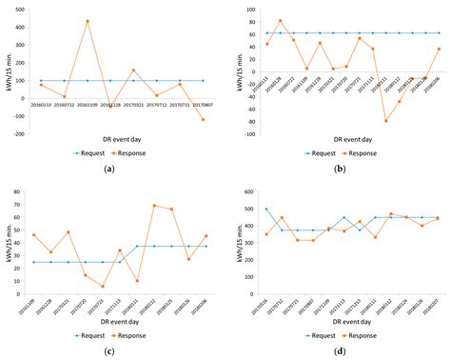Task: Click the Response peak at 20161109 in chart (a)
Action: [88, 21]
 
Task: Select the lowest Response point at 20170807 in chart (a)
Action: [203, 119]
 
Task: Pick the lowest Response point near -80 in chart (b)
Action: [385, 121]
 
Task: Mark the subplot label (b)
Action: [340, 168]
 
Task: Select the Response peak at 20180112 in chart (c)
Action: [154, 206]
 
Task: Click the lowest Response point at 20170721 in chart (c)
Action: [101, 287]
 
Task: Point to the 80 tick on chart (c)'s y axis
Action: [23, 193]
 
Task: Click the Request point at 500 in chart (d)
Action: [266, 210]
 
